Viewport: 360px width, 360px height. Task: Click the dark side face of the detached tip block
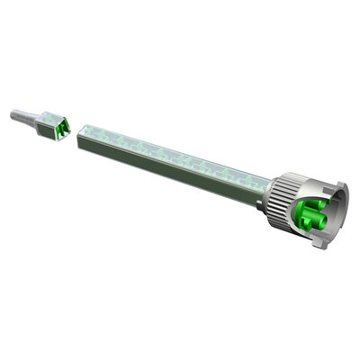click(x=48, y=131)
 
